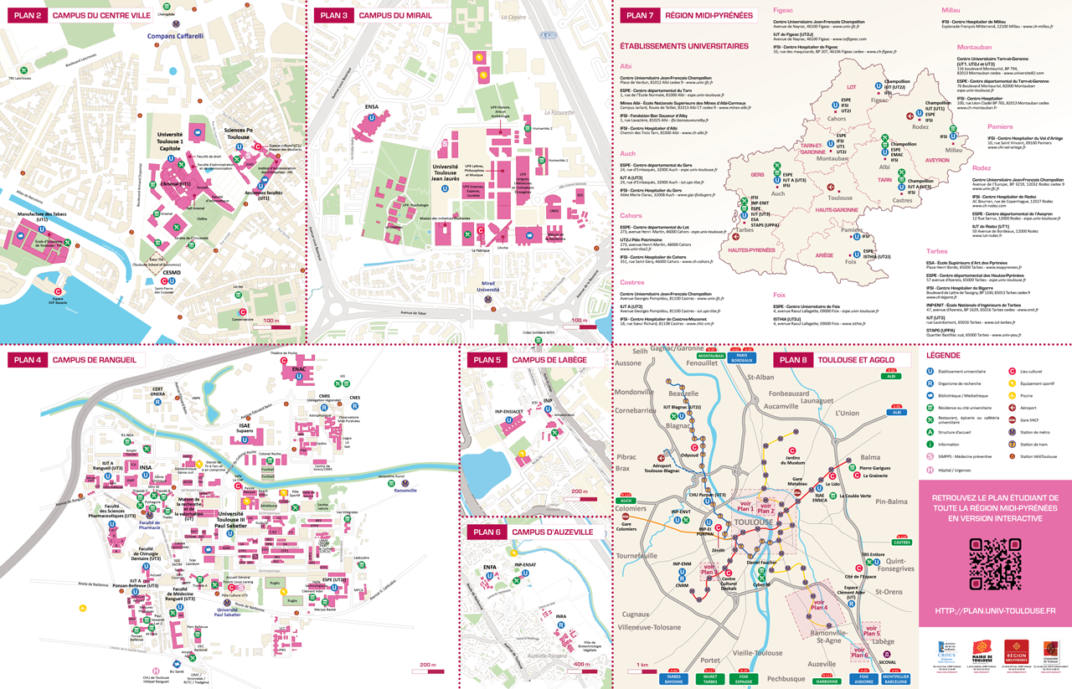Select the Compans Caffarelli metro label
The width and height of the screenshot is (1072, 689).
181,36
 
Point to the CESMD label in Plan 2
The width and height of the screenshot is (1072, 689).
173,271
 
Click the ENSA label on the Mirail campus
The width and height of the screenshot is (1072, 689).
371,106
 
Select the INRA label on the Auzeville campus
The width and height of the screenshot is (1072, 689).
560,617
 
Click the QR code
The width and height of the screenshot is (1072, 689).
995,563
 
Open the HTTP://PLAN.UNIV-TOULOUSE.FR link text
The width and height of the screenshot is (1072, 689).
995,612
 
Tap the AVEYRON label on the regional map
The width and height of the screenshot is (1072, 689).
936,160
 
